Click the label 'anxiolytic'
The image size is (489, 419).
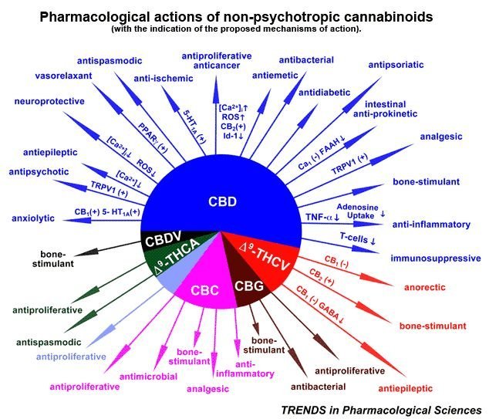[x=33, y=218]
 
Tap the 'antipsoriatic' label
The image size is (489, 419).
[x=396, y=65]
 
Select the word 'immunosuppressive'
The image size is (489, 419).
[x=436, y=258]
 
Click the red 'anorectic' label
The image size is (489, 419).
[x=425, y=287]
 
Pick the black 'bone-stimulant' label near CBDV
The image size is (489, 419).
[x=53, y=259]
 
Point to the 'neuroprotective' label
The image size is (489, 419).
[x=49, y=101]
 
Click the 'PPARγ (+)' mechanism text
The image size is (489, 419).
[x=153, y=137]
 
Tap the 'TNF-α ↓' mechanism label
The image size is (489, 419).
[x=322, y=217]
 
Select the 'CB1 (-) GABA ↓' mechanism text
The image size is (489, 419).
[x=320, y=304]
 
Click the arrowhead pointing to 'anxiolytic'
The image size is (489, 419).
[x=76, y=220]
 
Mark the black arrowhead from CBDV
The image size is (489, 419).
[x=86, y=252]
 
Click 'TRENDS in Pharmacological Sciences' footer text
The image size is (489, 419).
[x=381, y=410]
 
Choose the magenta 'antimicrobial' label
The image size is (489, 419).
[x=148, y=377]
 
